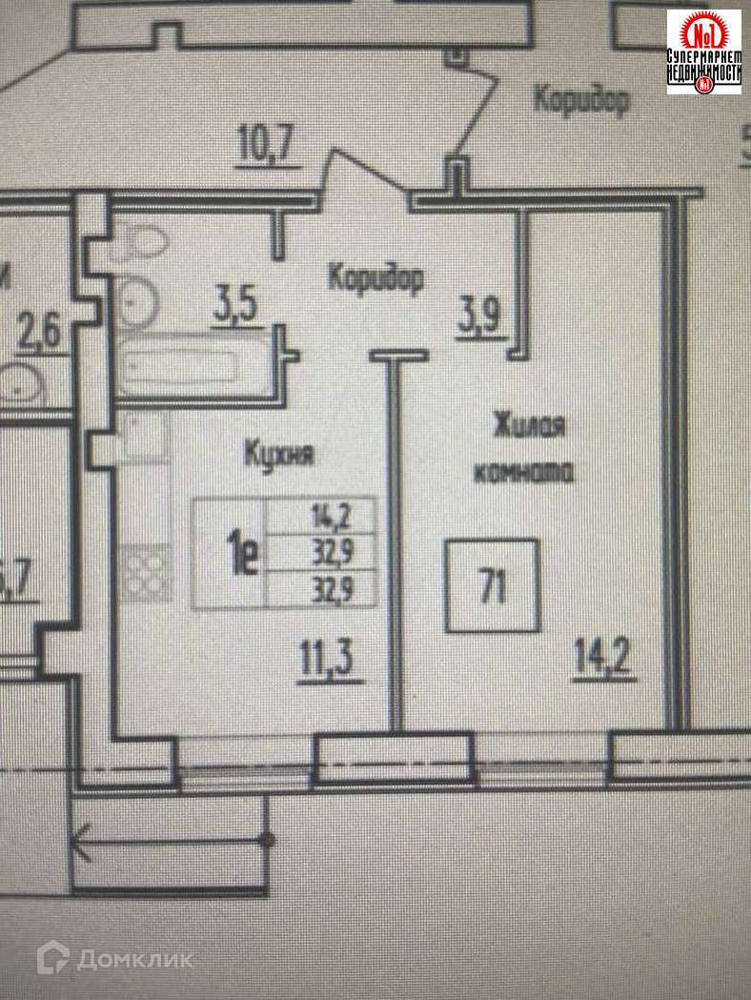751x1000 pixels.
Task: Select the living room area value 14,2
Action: tap(604, 657)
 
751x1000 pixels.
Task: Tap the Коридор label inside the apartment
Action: tap(375, 277)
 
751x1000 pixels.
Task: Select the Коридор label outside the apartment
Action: tap(580, 99)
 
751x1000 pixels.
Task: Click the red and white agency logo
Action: tap(703, 51)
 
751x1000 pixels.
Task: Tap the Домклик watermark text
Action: tap(133, 958)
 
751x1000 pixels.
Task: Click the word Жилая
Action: tap(530, 425)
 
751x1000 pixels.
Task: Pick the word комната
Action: tap(523, 471)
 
